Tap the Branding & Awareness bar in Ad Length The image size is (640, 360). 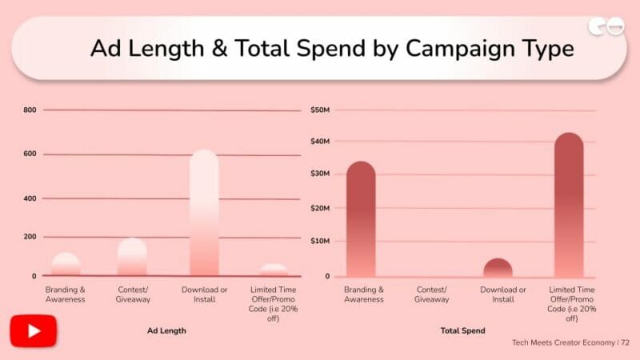tap(66, 265)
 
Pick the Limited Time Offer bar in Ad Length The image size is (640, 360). tap(274, 270)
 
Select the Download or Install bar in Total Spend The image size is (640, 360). tap(498, 268)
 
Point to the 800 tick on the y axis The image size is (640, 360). tap(30, 110)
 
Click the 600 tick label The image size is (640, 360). tap(30, 154)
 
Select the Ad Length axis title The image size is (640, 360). tap(166, 330)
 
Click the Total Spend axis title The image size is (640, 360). tap(462, 330)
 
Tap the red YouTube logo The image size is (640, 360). tap(33, 330)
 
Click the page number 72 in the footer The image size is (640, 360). tap(625, 342)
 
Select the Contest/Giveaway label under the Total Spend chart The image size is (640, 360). tap(432, 294)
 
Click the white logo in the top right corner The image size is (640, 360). tap(606, 27)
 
